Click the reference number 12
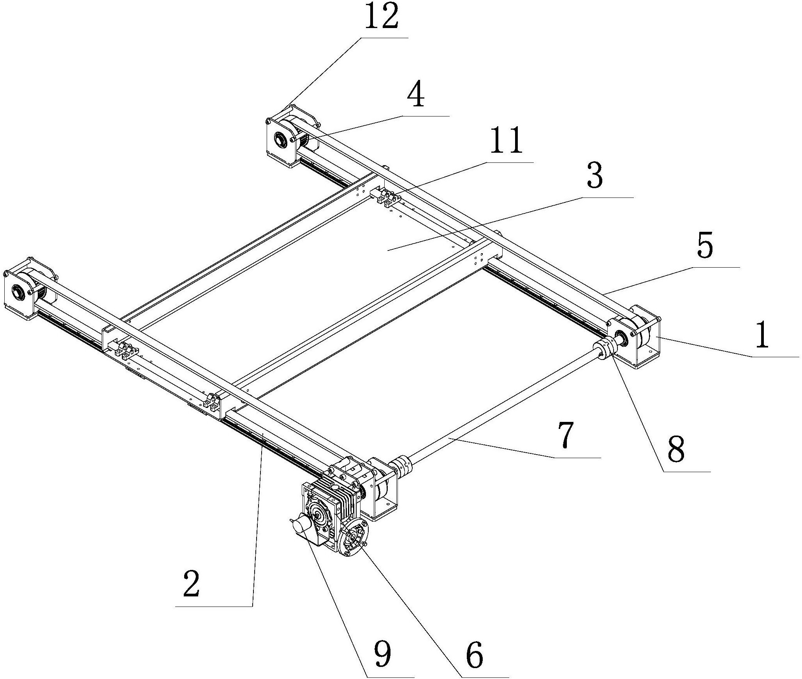pyautogui.click(x=382, y=17)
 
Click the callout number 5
pyautogui.click(x=705, y=245)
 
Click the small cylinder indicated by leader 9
pyautogui.click(x=303, y=526)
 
